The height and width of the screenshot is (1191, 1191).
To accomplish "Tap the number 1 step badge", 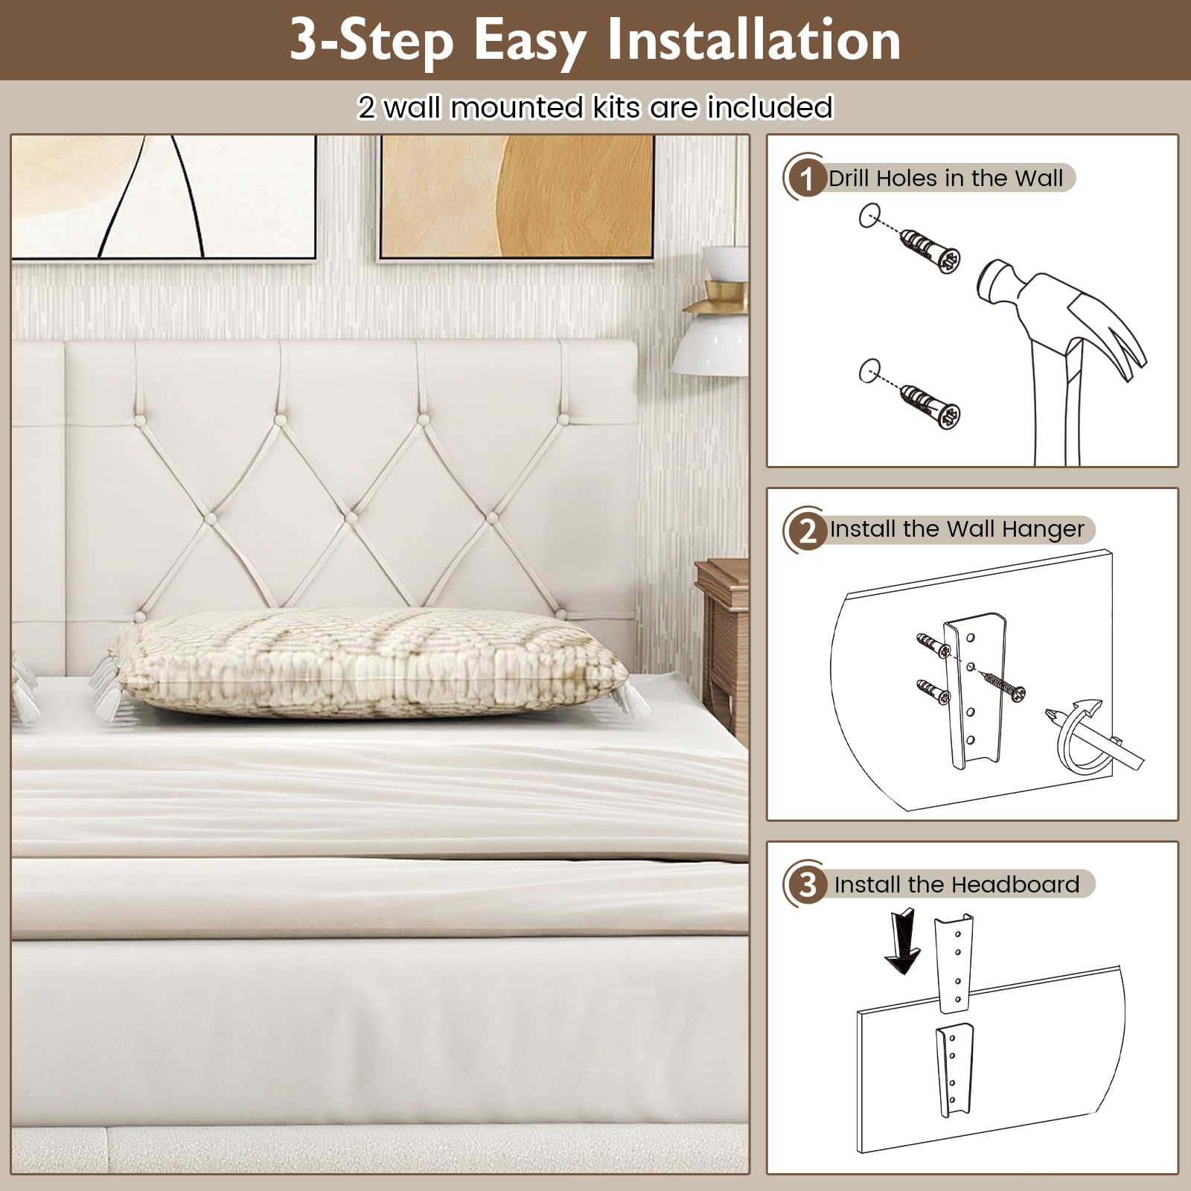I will pyautogui.click(x=805, y=179).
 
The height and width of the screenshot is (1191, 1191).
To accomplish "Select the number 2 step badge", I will pyautogui.click(x=807, y=531).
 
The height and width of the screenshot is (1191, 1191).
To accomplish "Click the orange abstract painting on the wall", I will pyautogui.click(x=517, y=197).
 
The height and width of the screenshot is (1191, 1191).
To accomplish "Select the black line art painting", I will pyautogui.click(x=164, y=197).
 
